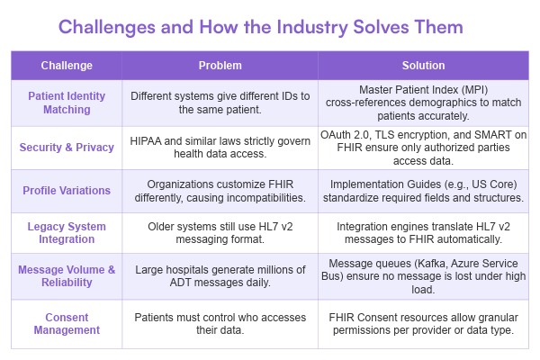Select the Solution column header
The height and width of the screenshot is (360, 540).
[x=422, y=66]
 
